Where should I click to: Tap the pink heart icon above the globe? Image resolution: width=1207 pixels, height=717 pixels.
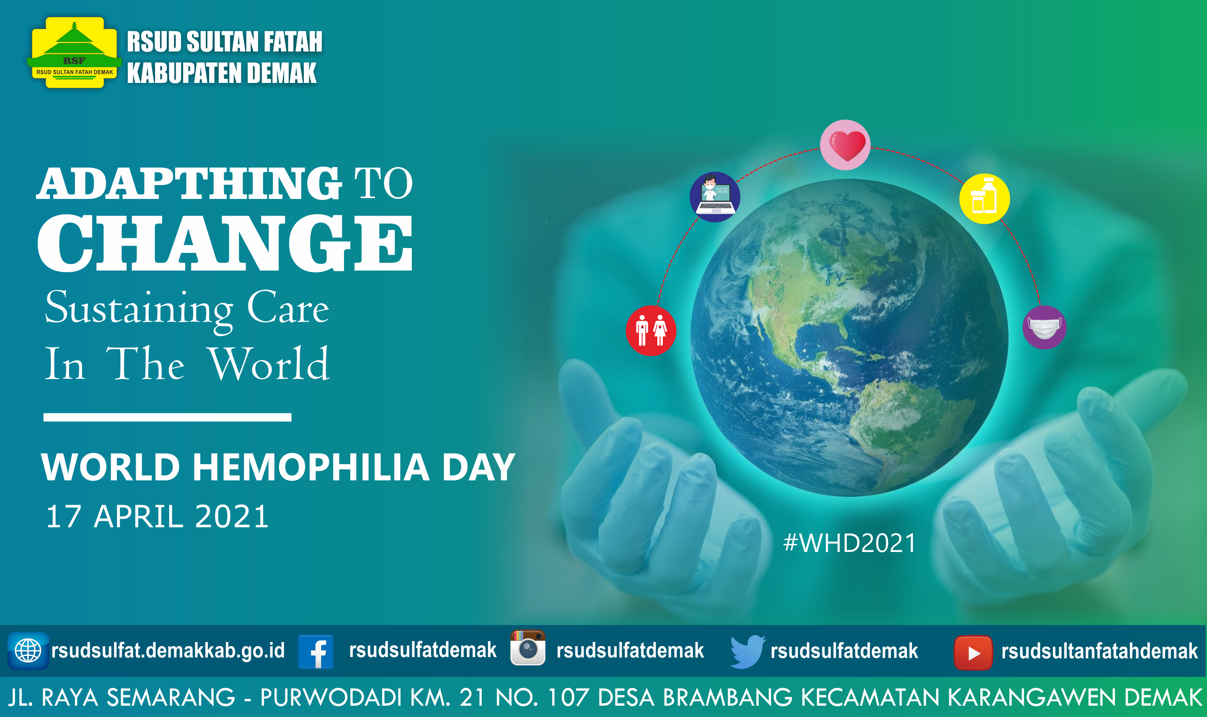pos(845,145)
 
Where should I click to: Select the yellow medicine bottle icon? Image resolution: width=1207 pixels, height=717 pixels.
pos(984,199)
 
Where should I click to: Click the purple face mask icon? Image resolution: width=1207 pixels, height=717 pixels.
pos(1044,328)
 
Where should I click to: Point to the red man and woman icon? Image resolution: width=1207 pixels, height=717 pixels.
pos(651,331)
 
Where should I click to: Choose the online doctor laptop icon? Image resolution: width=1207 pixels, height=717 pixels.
pos(715,197)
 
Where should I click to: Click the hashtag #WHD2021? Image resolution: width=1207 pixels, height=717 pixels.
pos(850,543)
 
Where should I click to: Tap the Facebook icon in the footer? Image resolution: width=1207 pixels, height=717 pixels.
pos(316,652)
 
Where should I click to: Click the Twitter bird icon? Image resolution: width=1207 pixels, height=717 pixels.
pos(747,652)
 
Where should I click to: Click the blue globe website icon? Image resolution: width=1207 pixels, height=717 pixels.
pos(28,651)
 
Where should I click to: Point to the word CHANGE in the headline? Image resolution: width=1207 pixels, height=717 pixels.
pos(225,243)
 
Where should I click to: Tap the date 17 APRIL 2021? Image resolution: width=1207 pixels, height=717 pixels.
pos(157,516)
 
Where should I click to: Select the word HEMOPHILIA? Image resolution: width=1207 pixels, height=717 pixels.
pos(311,467)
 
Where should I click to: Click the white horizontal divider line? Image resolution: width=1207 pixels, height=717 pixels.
pos(167,418)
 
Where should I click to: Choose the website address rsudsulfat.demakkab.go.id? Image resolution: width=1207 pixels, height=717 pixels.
pos(168,650)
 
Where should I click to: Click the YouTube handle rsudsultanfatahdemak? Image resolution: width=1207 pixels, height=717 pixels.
pos(1100,651)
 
